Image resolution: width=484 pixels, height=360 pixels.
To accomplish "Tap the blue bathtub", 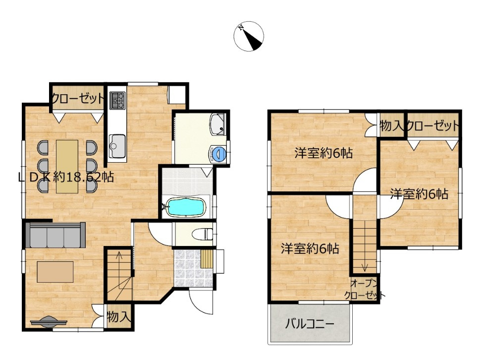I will pos(185,207).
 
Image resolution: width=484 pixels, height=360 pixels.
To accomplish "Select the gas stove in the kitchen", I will pos(117,101).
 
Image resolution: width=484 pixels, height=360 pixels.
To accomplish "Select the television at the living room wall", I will pos(49,322).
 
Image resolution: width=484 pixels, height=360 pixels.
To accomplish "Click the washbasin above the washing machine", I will pos(218,124).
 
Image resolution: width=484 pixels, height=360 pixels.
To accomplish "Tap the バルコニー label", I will pos(310,324).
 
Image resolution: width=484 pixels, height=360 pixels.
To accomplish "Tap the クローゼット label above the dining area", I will pos(78,98).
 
